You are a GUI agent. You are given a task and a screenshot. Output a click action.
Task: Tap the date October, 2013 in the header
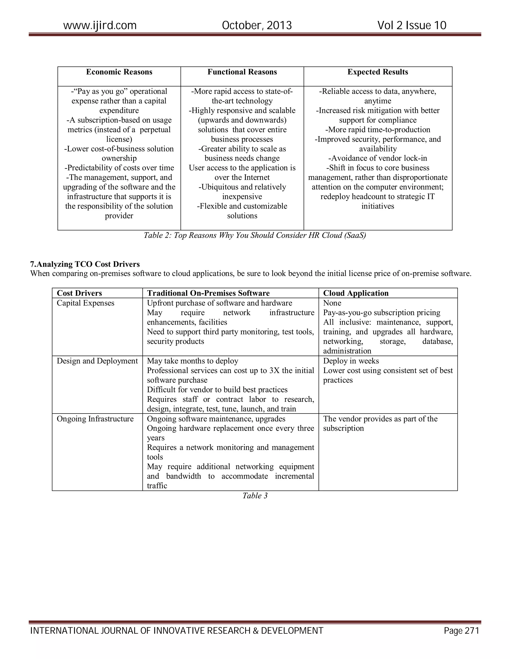(x=256, y=25)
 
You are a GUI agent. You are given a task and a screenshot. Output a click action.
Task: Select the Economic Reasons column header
(x=119, y=72)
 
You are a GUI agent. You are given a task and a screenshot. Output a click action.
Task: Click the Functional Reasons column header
(x=242, y=72)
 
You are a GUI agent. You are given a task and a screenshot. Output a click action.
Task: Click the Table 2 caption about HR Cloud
(x=255, y=235)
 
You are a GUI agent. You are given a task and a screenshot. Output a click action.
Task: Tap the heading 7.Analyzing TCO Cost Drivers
(x=85, y=264)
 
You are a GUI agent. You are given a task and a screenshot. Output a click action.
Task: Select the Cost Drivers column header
(x=79, y=293)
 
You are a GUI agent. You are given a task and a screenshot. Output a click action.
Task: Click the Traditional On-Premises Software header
(x=208, y=293)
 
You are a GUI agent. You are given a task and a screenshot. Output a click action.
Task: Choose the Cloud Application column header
(x=356, y=293)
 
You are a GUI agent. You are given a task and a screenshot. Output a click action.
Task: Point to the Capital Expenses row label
(x=85, y=303)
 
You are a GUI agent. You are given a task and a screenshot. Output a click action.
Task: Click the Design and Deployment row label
(x=97, y=361)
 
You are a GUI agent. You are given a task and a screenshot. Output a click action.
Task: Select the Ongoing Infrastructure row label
(x=95, y=419)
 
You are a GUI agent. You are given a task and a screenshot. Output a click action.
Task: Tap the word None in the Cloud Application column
(x=332, y=303)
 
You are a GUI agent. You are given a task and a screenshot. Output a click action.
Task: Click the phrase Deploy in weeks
(x=351, y=361)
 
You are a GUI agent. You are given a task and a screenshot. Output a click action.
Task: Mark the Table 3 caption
(x=255, y=496)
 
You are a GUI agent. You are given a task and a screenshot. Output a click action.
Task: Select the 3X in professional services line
(x=274, y=371)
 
